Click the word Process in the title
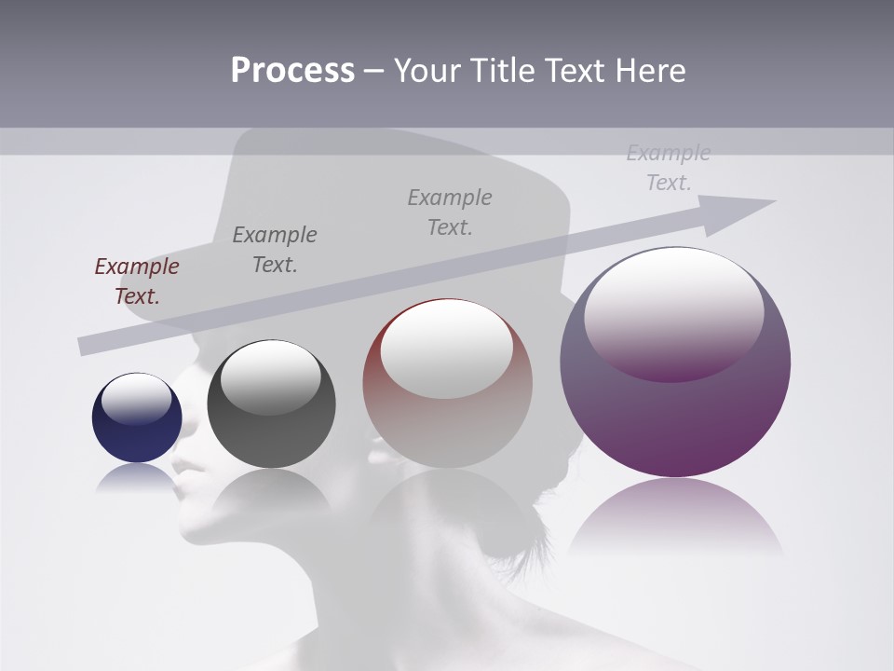coord(292,71)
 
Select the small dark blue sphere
coord(137,418)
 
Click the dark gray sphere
coord(271,404)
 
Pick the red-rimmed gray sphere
coord(447,384)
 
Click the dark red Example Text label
coord(137,281)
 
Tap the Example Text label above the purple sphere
coord(669,168)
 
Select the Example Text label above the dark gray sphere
coord(275,249)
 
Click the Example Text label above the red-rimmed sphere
coord(450,212)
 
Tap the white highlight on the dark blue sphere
coord(137,399)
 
